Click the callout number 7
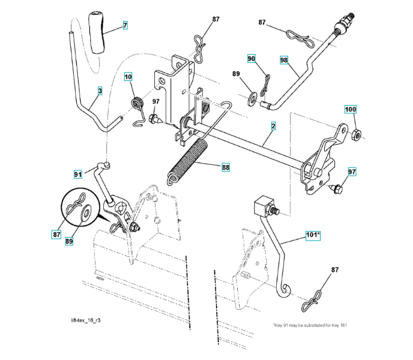pos(125,25)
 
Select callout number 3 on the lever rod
pos(100,91)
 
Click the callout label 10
pos(129,76)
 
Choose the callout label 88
pos(226,167)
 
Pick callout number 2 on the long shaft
pos(273,127)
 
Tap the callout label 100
pos(350,109)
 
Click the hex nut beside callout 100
pos(355,132)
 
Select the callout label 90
pos(252,58)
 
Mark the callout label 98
pos(284,59)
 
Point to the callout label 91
pos(78,174)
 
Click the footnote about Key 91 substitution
pos(310,325)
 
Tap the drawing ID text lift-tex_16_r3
pos(85,320)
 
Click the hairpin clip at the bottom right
pos(314,298)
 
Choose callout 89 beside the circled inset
pos(69,240)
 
